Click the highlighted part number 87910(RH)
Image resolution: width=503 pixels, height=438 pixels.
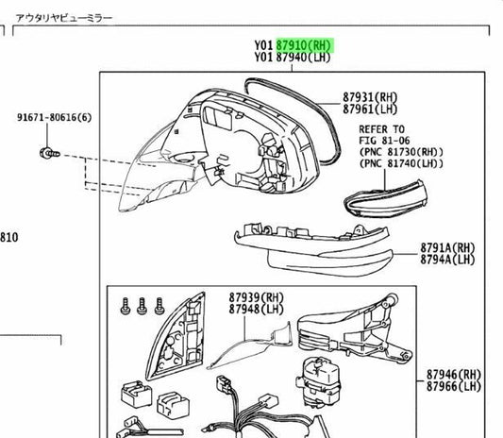(x=304, y=45)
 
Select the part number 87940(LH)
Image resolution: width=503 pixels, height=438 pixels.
(x=304, y=58)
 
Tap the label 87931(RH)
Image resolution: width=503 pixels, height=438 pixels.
(x=370, y=97)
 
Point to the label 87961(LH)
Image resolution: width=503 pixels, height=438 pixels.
(x=370, y=109)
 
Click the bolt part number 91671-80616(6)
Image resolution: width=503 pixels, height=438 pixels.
(x=54, y=117)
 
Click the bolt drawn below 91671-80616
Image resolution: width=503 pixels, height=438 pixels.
(x=50, y=153)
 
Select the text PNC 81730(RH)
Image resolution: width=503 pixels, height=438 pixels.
(x=401, y=152)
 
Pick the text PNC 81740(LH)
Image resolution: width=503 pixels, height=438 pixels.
(x=401, y=163)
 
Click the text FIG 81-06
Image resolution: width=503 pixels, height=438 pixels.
(x=385, y=141)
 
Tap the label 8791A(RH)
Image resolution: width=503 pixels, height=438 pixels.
(x=447, y=247)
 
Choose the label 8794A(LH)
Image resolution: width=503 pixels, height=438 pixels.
(x=447, y=260)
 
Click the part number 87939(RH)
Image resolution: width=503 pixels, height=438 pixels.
(x=257, y=297)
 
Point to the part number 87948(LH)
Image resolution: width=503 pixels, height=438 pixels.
(x=257, y=310)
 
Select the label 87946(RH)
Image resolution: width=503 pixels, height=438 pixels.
(x=454, y=374)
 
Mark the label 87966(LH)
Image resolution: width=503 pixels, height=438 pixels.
(x=454, y=386)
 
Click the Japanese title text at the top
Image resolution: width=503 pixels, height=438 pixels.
(x=64, y=18)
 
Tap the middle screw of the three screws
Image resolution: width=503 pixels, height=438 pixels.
(x=142, y=306)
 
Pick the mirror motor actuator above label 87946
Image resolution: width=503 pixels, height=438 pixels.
(x=318, y=382)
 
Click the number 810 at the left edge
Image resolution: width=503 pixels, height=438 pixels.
(x=9, y=238)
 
